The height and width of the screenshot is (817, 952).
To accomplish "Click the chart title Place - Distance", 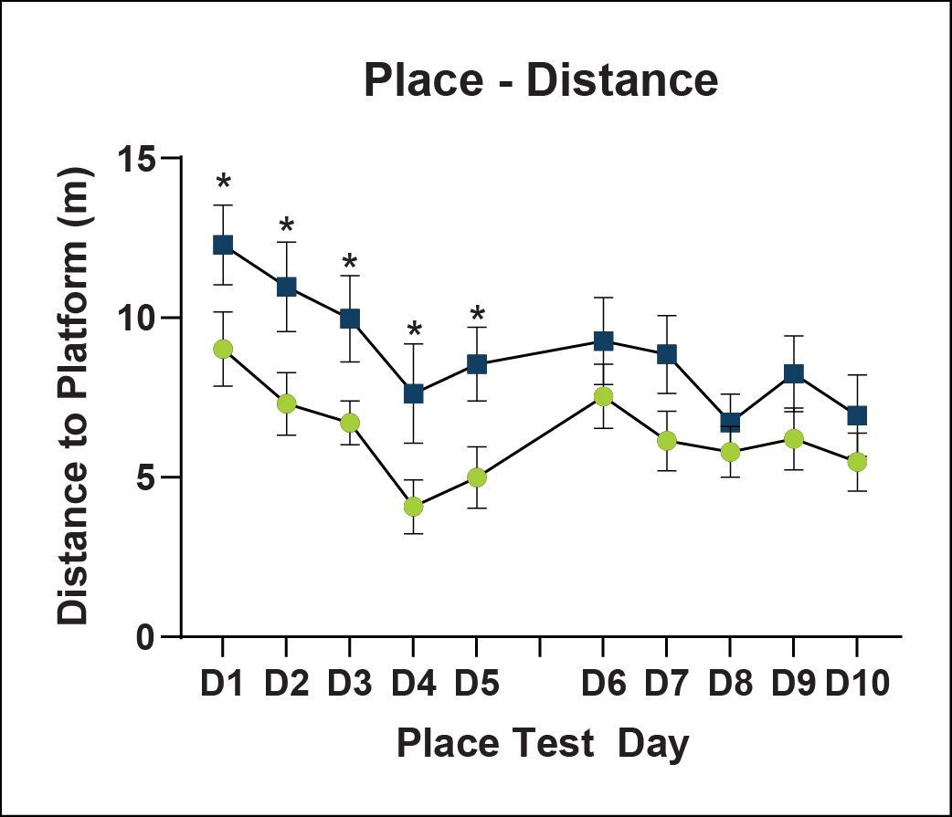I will pyautogui.click(x=540, y=80).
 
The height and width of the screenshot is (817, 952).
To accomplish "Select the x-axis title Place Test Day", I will pyautogui.click(x=543, y=744).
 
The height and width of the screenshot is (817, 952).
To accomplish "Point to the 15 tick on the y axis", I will pyautogui.click(x=138, y=159).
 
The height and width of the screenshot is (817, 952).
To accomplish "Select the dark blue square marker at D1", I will pyautogui.click(x=223, y=245).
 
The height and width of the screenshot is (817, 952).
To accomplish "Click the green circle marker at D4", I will pyautogui.click(x=413, y=507).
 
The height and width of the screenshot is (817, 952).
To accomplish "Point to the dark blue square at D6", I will pyautogui.click(x=603, y=340).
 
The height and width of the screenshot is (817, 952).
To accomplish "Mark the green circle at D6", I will pyautogui.click(x=603, y=396).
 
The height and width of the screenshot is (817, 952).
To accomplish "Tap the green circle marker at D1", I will pyautogui.click(x=223, y=349).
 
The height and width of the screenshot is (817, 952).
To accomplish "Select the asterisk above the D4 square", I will pyautogui.click(x=414, y=330).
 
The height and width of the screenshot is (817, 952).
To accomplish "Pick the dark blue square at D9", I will pyautogui.click(x=793, y=373).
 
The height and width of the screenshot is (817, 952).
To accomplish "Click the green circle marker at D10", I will pyautogui.click(x=857, y=462).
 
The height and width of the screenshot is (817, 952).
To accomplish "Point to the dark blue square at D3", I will pyautogui.click(x=350, y=319).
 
